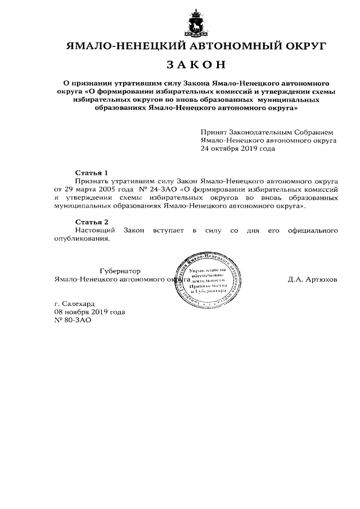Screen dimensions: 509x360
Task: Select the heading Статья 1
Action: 91,172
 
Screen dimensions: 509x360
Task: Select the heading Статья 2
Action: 91,222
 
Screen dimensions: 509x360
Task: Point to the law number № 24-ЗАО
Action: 157,190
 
